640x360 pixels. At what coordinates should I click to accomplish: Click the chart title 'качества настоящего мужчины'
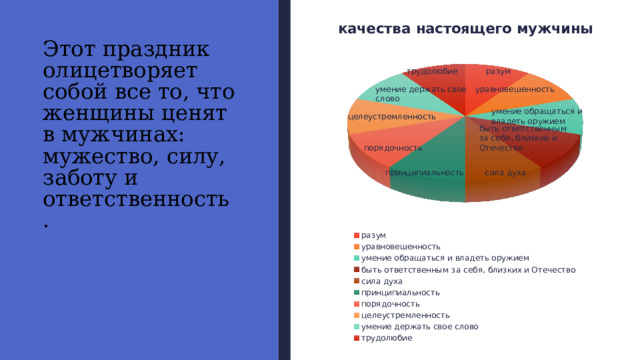pyautogui.click(x=465, y=30)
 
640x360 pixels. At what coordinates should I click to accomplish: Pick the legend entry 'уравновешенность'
pyautogui.click(x=401, y=246)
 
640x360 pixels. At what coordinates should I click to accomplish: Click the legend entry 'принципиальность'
pyautogui.click(x=400, y=292)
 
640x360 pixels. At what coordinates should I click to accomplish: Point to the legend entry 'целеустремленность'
pyautogui.click(x=405, y=315)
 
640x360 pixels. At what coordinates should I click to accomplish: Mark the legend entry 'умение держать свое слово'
pyautogui.click(x=419, y=327)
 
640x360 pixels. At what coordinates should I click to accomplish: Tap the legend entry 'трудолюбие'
pyautogui.click(x=387, y=338)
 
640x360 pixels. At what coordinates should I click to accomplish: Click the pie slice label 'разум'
pyautogui.click(x=498, y=72)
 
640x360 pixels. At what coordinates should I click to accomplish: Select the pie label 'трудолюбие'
pyautogui.click(x=432, y=72)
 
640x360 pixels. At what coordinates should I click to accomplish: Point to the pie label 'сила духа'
pyautogui.click(x=505, y=172)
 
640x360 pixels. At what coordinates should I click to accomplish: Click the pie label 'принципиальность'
pyautogui.click(x=424, y=172)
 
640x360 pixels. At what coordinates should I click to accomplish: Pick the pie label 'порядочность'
pyautogui.click(x=393, y=148)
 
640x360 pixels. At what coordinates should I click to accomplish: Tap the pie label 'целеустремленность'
pyautogui.click(x=392, y=117)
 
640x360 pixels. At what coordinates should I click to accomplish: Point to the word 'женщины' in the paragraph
pyautogui.click(x=88, y=115)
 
